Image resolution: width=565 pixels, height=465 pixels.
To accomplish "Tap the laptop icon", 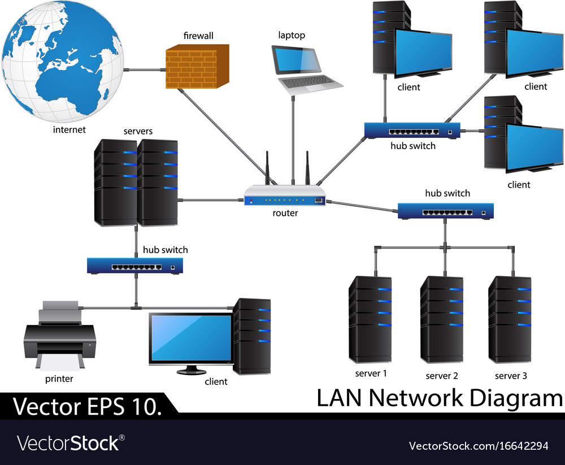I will (305, 68).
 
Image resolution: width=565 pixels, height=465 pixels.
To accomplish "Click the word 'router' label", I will (285, 213).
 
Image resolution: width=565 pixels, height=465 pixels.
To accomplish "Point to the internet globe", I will (62, 62).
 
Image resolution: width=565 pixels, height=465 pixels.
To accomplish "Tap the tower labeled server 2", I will (442, 319).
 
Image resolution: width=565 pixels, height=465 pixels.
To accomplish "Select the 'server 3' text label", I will (511, 376).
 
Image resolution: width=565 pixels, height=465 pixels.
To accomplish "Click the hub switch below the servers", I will (135, 266).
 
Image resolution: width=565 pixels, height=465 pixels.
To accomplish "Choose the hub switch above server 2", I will (446, 211).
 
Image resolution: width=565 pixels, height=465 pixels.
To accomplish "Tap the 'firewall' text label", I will (198, 36).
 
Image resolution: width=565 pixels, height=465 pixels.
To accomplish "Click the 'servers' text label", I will (138, 131).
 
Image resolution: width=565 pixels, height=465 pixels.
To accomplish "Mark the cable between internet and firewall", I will (144, 71).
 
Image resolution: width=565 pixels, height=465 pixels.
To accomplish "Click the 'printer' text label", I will (59, 379).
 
